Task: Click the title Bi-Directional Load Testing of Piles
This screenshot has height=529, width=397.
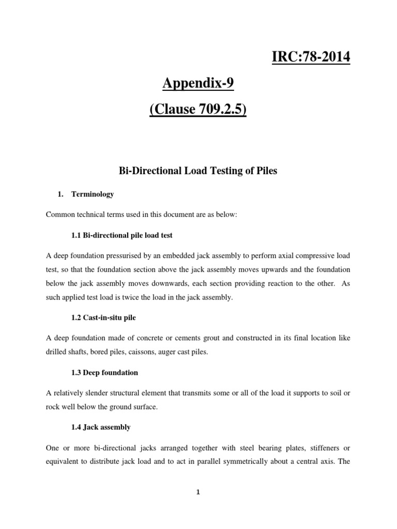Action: tap(198, 171)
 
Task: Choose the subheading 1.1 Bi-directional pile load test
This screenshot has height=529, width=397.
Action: tap(121, 235)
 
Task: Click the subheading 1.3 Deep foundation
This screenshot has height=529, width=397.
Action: tap(104, 372)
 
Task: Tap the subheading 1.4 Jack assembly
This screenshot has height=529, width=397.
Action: tap(101, 427)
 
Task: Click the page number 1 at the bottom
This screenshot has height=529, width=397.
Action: tap(198, 492)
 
